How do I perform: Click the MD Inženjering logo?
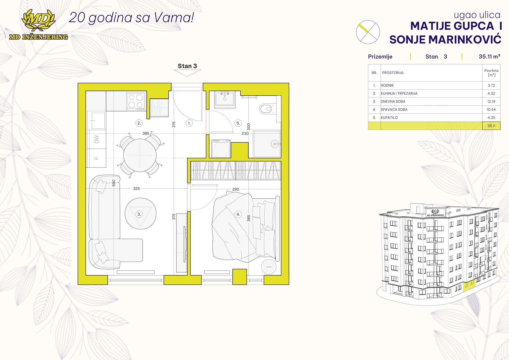[x=38, y=25]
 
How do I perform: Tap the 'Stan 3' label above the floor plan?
[x=187, y=66]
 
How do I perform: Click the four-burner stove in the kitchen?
[x=136, y=101]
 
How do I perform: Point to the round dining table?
[x=140, y=155]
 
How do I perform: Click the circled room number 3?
[x=139, y=214]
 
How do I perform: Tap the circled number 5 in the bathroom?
[x=238, y=123]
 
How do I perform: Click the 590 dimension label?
[x=114, y=183]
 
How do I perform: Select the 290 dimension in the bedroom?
[x=236, y=189]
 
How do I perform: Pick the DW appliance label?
[x=97, y=139]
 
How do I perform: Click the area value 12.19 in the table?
[x=491, y=101]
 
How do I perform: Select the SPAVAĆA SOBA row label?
[x=394, y=110]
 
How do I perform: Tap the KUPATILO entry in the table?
[x=389, y=117]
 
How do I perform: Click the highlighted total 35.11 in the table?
[x=491, y=126]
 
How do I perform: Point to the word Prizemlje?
[x=380, y=57]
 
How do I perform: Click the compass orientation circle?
[x=368, y=32]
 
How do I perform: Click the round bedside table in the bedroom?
[x=269, y=266]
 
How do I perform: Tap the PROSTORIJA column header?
[x=393, y=73]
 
